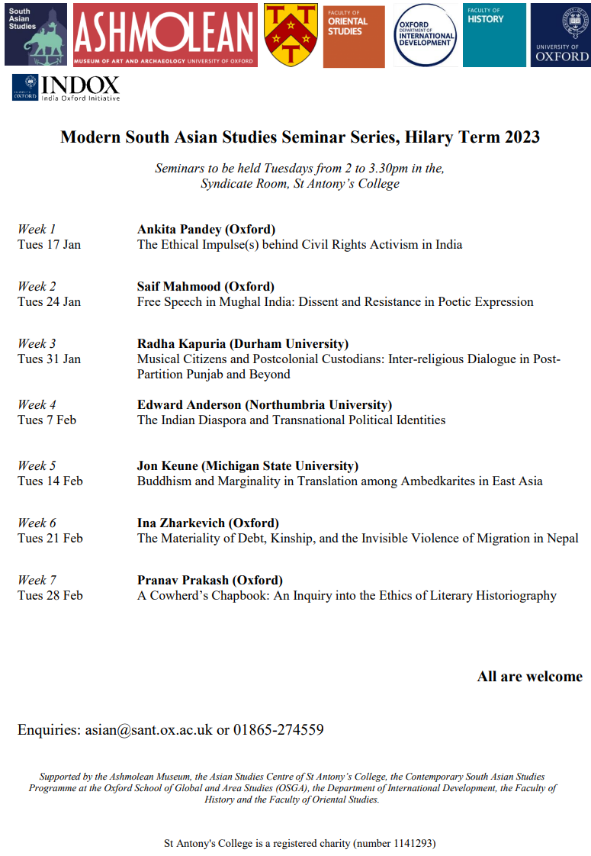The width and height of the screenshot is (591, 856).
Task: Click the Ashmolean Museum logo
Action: (x=165, y=34)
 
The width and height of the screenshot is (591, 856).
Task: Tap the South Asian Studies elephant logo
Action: (x=36, y=34)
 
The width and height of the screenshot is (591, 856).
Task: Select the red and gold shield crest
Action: (x=291, y=34)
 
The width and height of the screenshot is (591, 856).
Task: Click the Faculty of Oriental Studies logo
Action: (x=354, y=35)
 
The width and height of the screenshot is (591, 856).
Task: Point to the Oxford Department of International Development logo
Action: (x=426, y=35)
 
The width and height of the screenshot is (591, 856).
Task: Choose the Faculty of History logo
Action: (x=494, y=34)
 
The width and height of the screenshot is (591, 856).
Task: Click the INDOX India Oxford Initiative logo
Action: (x=66, y=87)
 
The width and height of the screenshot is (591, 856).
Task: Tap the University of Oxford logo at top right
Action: (x=560, y=34)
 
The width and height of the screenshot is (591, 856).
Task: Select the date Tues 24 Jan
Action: (x=49, y=302)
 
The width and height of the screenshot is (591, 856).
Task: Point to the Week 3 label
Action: (x=37, y=344)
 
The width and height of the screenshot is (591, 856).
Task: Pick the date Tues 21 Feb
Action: (x=50, y=539)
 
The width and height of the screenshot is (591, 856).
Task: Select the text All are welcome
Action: (x=529, y=677)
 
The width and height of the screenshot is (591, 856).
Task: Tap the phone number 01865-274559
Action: (x=278, y=730)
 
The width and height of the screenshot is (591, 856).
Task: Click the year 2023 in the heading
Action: (x=521, y=137)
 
